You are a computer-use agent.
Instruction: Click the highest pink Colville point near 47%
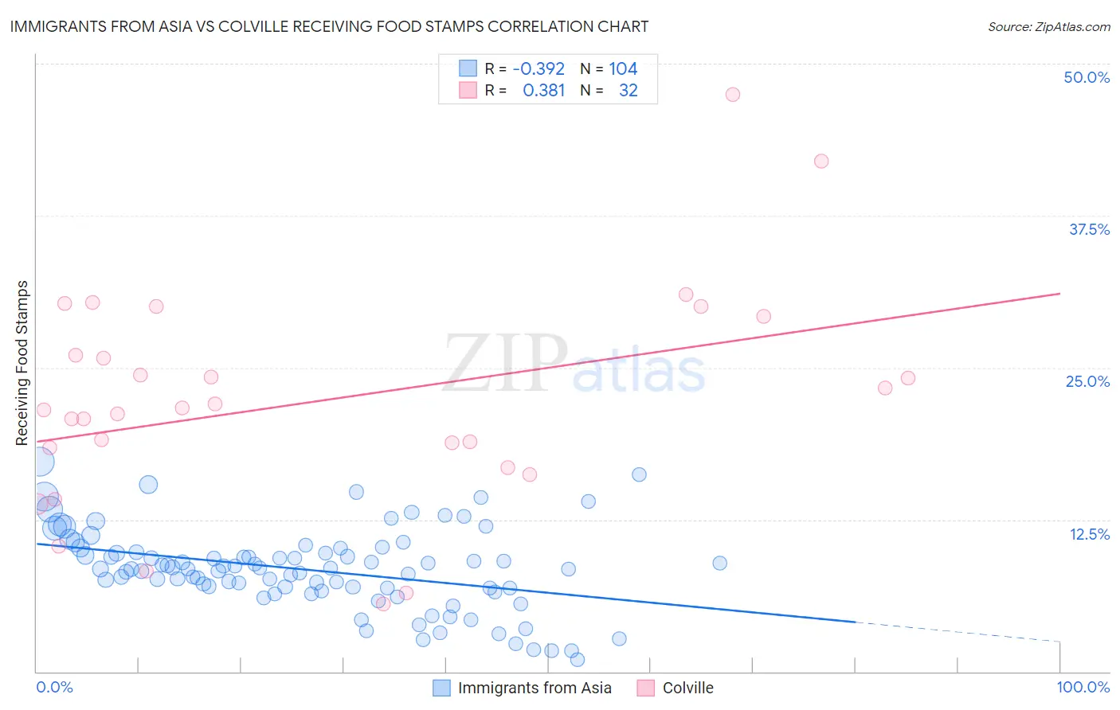(732, 95)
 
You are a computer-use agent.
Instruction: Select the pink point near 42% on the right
(821, 162)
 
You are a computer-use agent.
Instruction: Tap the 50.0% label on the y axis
(1087, 77)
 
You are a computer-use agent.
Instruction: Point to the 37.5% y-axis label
(1089, 229)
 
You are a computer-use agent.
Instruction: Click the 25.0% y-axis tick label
(1087, 381)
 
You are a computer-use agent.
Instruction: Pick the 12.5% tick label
(1089, 534)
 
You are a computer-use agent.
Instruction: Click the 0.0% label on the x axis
(54, 687)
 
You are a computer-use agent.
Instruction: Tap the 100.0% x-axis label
(1083, 687)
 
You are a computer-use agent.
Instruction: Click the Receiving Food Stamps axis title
(22, 363)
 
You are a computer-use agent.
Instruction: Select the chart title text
(329, 26)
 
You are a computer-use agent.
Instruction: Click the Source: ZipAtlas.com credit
(1048, 26)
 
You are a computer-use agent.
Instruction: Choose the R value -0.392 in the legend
(538, 69)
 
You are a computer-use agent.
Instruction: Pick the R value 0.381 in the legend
(543, 91)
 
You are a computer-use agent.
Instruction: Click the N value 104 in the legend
(623, 69)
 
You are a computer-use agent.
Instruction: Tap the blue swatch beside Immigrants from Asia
(441, 688)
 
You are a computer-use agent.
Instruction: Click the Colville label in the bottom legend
(687, 688)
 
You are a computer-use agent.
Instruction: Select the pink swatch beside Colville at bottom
(646, 688)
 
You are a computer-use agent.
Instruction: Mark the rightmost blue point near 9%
(719, 564)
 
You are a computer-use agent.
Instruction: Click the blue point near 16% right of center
(639, 474)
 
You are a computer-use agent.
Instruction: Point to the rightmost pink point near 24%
(907, 378)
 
